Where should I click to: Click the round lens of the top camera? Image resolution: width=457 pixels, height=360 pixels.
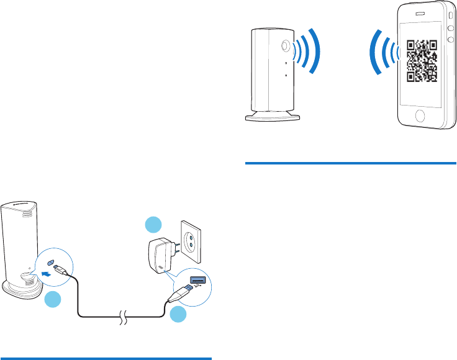coord(286,45)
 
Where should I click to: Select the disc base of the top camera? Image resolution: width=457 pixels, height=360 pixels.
coord(273,117)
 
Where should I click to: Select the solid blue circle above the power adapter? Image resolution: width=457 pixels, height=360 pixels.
coord(153,225)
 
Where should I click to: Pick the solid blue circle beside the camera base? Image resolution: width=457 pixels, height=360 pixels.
coord(53,300)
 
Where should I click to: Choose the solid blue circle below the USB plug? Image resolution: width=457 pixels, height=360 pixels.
coord(178,314)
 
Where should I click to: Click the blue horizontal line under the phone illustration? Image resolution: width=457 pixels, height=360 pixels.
coord(350,164)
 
